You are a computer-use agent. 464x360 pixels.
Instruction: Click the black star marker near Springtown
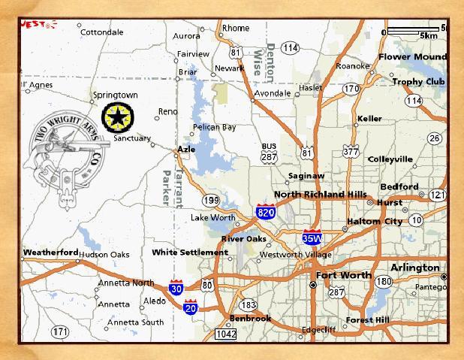coord(116,116)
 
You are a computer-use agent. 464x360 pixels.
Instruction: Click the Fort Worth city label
coord(343,275)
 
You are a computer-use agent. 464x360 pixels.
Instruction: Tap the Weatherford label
coord(50,253)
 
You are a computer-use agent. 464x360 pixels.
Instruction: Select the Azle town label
coord(185,150)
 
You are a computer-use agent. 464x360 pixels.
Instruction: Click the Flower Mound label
coord(412,57)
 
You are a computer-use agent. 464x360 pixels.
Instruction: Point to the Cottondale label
coord(101,32)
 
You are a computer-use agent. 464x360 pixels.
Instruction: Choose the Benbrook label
coord(250,319)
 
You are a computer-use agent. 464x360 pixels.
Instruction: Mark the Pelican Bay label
coord(214,127)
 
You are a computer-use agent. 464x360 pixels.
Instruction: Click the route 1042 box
coord(225,334)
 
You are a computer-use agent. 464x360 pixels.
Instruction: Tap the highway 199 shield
coord(210,200)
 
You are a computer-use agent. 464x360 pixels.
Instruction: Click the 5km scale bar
coord(414,31)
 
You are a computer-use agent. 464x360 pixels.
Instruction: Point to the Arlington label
coord(414,268)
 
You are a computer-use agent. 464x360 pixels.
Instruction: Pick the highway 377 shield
coord(350,152)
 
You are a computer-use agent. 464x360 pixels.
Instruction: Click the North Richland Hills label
coord(321,195)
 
